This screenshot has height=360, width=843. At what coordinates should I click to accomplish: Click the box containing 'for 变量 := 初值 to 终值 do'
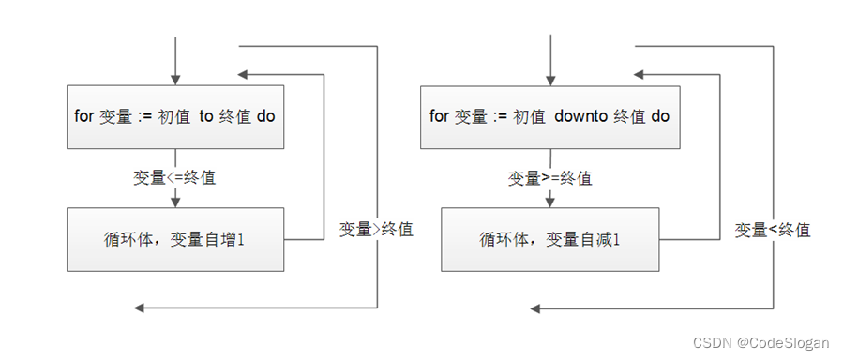coord(174,116)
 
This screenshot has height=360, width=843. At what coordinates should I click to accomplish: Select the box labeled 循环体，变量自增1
coord(174,239)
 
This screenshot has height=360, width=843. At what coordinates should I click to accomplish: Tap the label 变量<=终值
coord(174,177)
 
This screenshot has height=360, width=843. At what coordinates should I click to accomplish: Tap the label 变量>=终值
coord(550,177)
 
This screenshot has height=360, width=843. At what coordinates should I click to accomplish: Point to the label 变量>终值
coord(375,229)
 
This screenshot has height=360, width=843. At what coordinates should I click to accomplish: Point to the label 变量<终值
coord(772,229)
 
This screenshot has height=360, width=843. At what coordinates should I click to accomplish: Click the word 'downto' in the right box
coord(581,116)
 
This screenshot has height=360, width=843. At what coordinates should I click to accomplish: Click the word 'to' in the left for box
coord(206,116)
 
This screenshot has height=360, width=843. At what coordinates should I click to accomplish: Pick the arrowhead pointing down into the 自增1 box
coord(174,201)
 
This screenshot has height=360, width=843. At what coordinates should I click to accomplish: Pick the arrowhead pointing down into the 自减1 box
coord(549,201)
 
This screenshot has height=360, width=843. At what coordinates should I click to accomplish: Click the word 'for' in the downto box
coord(439,116)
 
